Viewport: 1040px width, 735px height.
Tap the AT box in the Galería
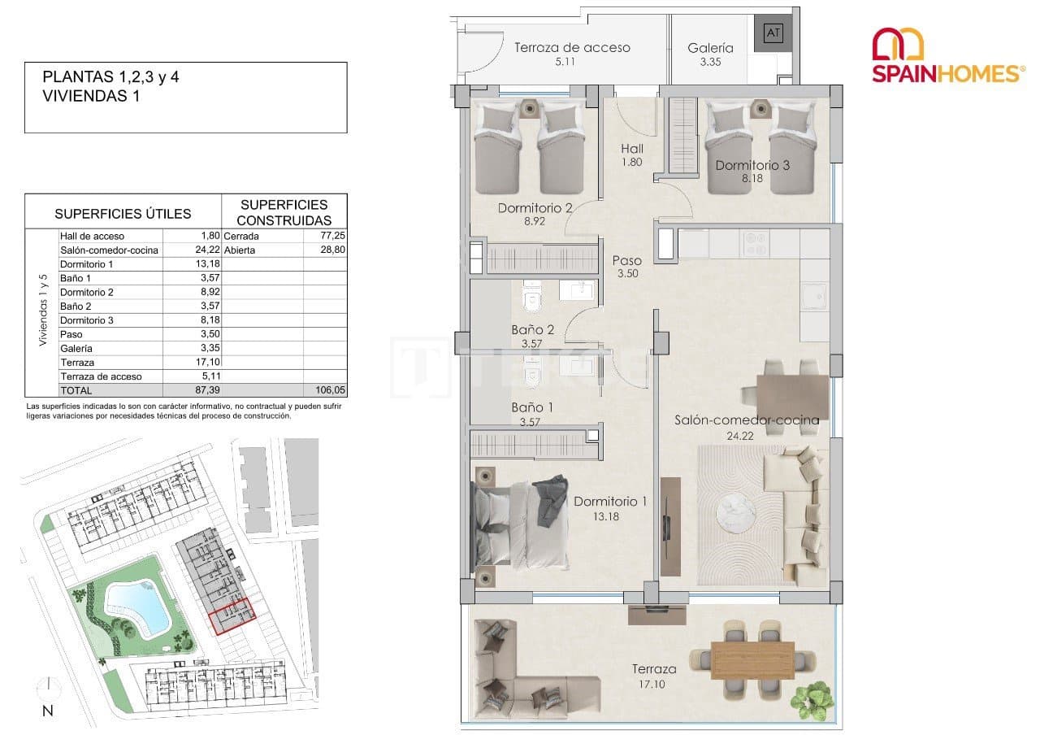pyautogui.click(x=773, y=33)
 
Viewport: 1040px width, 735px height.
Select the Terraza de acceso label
pyautogui.click(x=572, y=47)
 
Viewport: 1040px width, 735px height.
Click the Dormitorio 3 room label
pyautogui.click(x=752, y=165)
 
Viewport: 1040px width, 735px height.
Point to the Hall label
pyautogui.click(x=632, y=149)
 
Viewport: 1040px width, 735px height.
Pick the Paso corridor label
pyautogui.click(x=627, y=261)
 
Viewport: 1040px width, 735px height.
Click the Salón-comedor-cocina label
pyautogui.click(x=747, y=420)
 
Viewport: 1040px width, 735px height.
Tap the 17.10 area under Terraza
pyautogui.click(x=654, y=684)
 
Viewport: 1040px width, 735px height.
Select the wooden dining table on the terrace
pyautogui.click(x=752, y=659)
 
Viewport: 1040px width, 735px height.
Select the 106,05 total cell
pyautogui.click(x=330, y=390)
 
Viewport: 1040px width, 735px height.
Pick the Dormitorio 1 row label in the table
pyautogui.click(x=87, y=263)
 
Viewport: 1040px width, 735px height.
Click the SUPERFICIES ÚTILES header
pyautogui.click(x=123, y=214)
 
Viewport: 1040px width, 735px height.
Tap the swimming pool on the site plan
pyautogui.click(x=138, y=607)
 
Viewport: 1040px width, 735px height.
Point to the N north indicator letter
pyautogui.click(x=48, y=711)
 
